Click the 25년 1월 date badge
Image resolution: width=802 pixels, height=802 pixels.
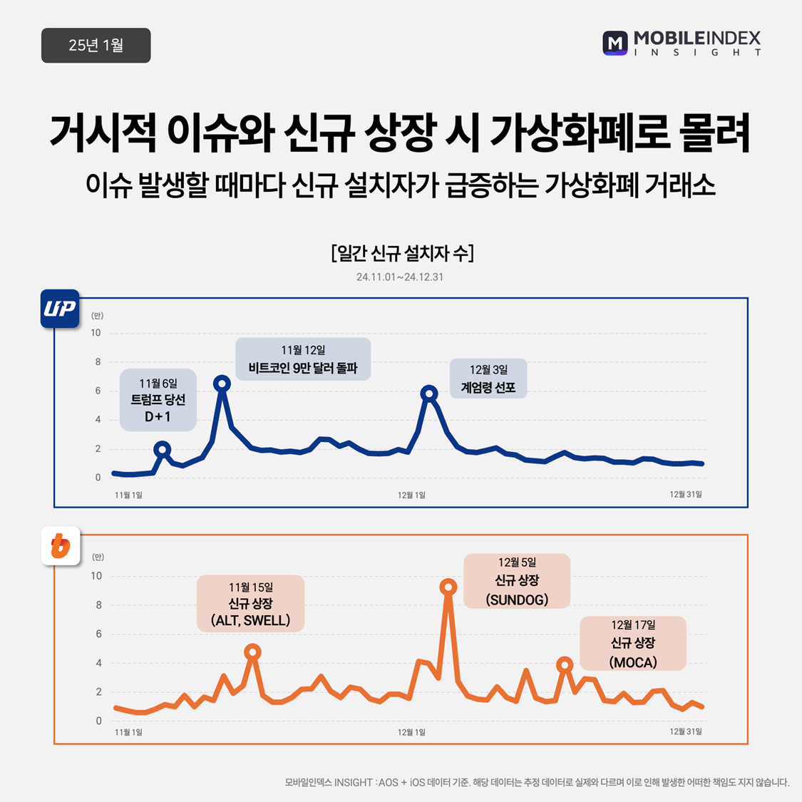tap(96, 46)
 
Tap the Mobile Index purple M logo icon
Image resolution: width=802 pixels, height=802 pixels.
tap(615, 43)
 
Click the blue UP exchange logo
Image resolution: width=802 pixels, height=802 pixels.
tap(60, 309)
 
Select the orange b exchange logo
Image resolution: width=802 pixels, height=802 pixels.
tap(61, 546)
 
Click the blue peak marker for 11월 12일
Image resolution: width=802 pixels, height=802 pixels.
tap(222, 384)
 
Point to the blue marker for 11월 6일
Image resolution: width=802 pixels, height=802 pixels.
tap(163, 449)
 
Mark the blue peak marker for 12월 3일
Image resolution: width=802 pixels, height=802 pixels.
tap(428, 393)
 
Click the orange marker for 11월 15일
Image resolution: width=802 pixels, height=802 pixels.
tap(252, 652)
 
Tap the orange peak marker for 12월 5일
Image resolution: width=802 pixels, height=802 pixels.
tap(448, 587)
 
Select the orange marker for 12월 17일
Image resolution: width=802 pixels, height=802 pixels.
tap(565, 665)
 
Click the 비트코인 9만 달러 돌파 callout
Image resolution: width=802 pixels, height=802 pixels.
tap(303, 359)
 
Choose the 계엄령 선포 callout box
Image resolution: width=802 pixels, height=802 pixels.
tap(488, 379)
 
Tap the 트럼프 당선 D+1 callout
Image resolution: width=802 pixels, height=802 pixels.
tap(158, 400)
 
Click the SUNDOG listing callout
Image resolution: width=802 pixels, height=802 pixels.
tap(517, 581)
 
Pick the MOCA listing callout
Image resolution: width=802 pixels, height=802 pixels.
tap(633, 644)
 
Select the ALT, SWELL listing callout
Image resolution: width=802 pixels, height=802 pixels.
tap(250, 603)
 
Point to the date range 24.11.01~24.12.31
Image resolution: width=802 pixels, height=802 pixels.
tap(400, 277)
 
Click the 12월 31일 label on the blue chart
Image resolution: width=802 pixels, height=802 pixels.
tap(685, 495)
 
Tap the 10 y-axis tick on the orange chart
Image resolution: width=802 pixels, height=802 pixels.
tap(96, 576)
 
